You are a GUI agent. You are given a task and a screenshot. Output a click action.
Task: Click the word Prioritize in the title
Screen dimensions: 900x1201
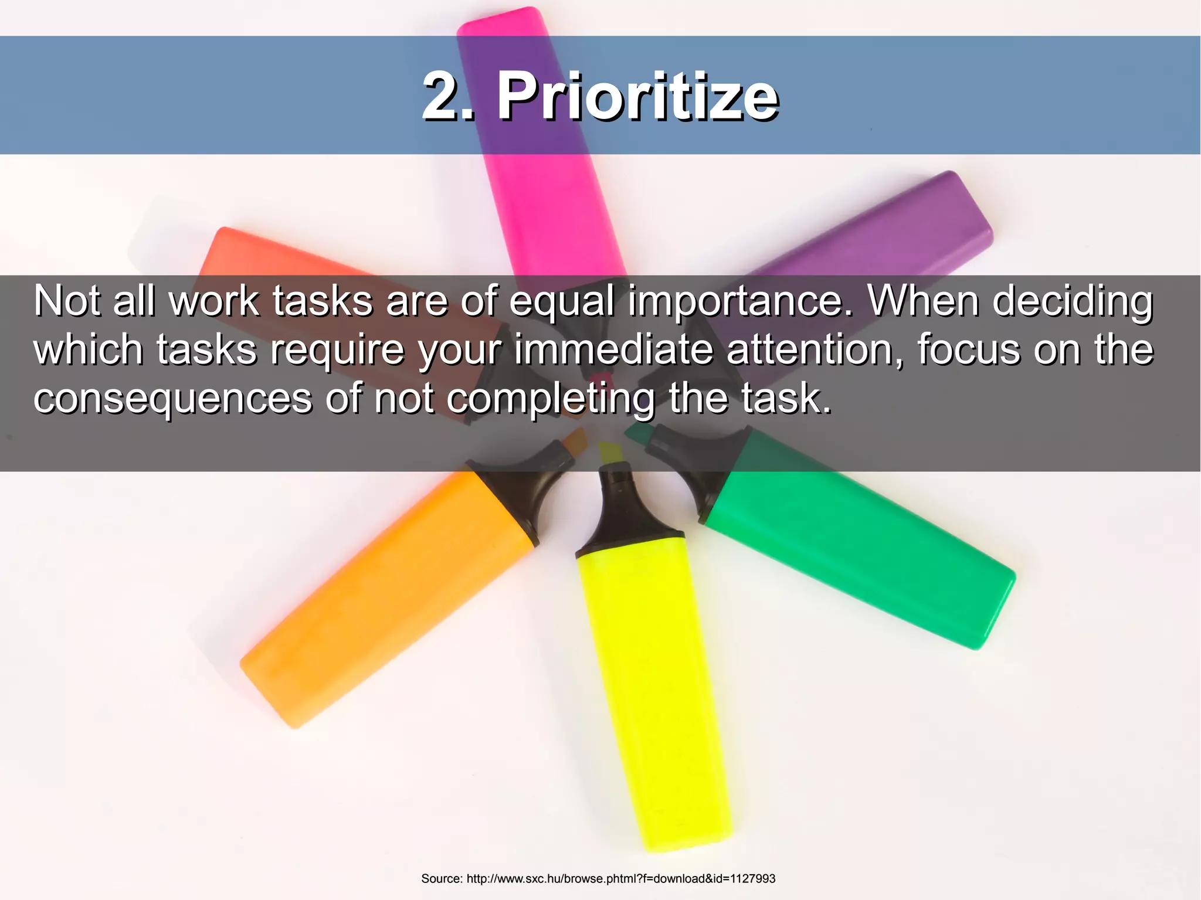637,97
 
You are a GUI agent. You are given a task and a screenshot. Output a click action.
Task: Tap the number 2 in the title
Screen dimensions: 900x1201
442,96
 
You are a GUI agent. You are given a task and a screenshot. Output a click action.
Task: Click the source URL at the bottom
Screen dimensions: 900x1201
620,878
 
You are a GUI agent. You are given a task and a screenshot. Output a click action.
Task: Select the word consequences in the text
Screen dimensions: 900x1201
173,398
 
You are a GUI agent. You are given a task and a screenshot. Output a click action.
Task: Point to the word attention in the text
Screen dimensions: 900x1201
816,349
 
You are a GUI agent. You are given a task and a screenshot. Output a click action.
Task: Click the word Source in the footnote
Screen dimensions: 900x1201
442,878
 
